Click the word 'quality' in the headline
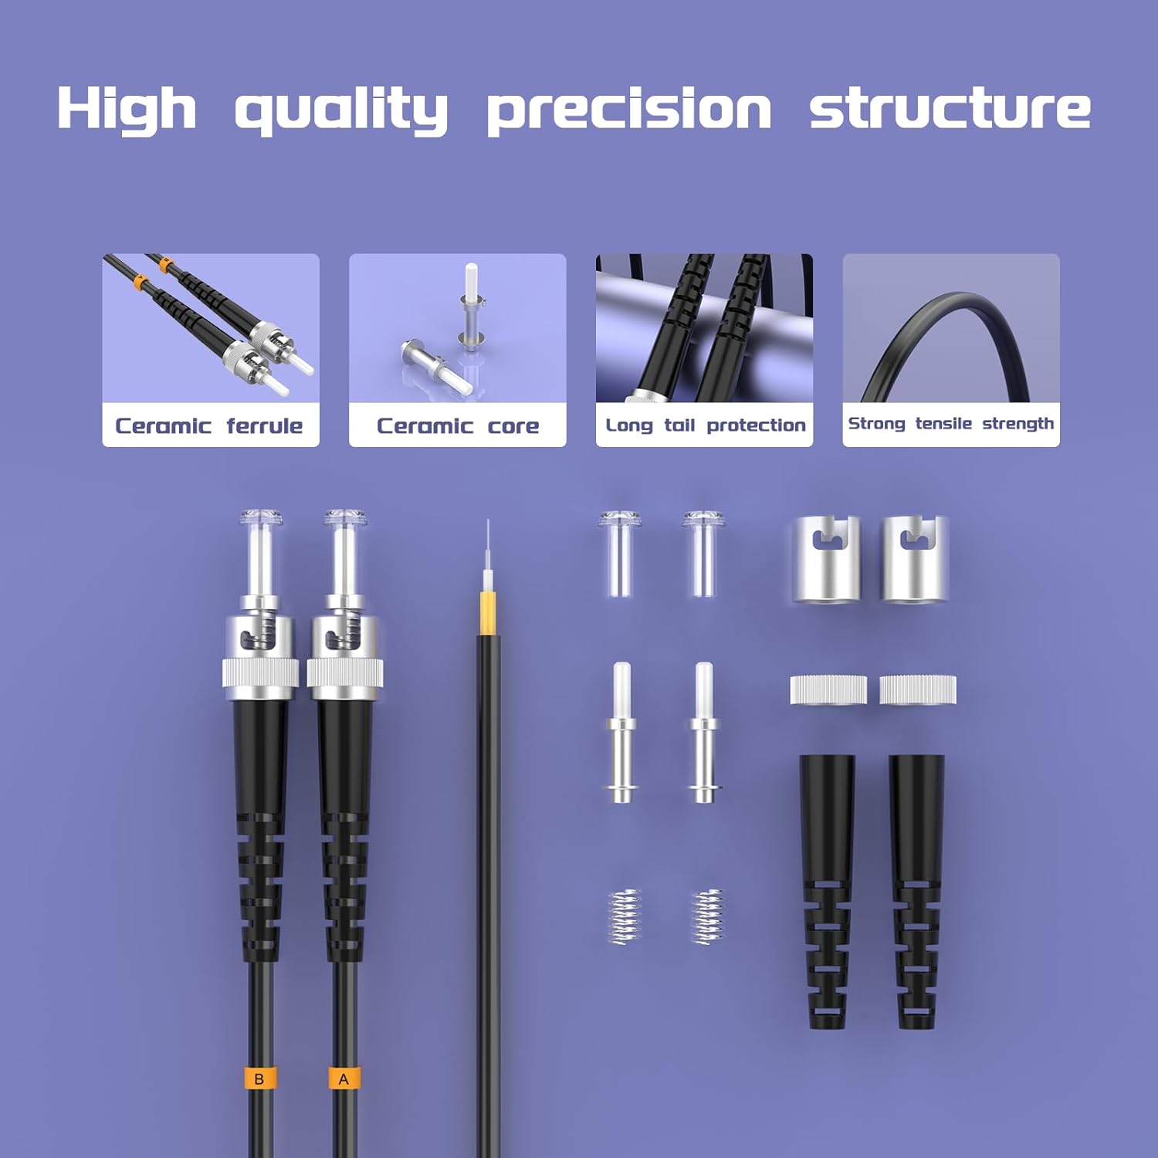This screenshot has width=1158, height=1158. (340, 109)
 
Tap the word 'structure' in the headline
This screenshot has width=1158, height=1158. (950, 108)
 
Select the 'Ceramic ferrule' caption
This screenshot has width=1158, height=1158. (208, 425)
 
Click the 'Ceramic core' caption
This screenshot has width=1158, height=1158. (458, 425)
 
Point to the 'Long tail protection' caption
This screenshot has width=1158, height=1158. (706, 425)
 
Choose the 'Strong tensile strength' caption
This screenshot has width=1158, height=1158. (951, 424)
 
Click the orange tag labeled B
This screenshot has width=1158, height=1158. (259, 1078)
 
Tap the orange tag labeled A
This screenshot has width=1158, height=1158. (344, 1078)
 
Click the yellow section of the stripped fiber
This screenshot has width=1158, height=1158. (487, 614)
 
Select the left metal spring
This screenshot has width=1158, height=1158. (625, 916)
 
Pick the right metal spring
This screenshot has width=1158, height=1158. (706, 916)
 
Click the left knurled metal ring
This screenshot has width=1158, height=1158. (828, 689)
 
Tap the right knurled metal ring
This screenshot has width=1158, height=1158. (918, 689)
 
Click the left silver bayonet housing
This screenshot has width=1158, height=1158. (826, 560)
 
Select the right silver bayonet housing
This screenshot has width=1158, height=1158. (916, 560)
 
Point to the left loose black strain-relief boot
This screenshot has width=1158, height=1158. (827, 892)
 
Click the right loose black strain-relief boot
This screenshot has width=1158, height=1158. (916, 892)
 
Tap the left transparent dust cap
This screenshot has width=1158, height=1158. (619, 554)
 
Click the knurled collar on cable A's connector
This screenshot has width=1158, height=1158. (345, 672)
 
